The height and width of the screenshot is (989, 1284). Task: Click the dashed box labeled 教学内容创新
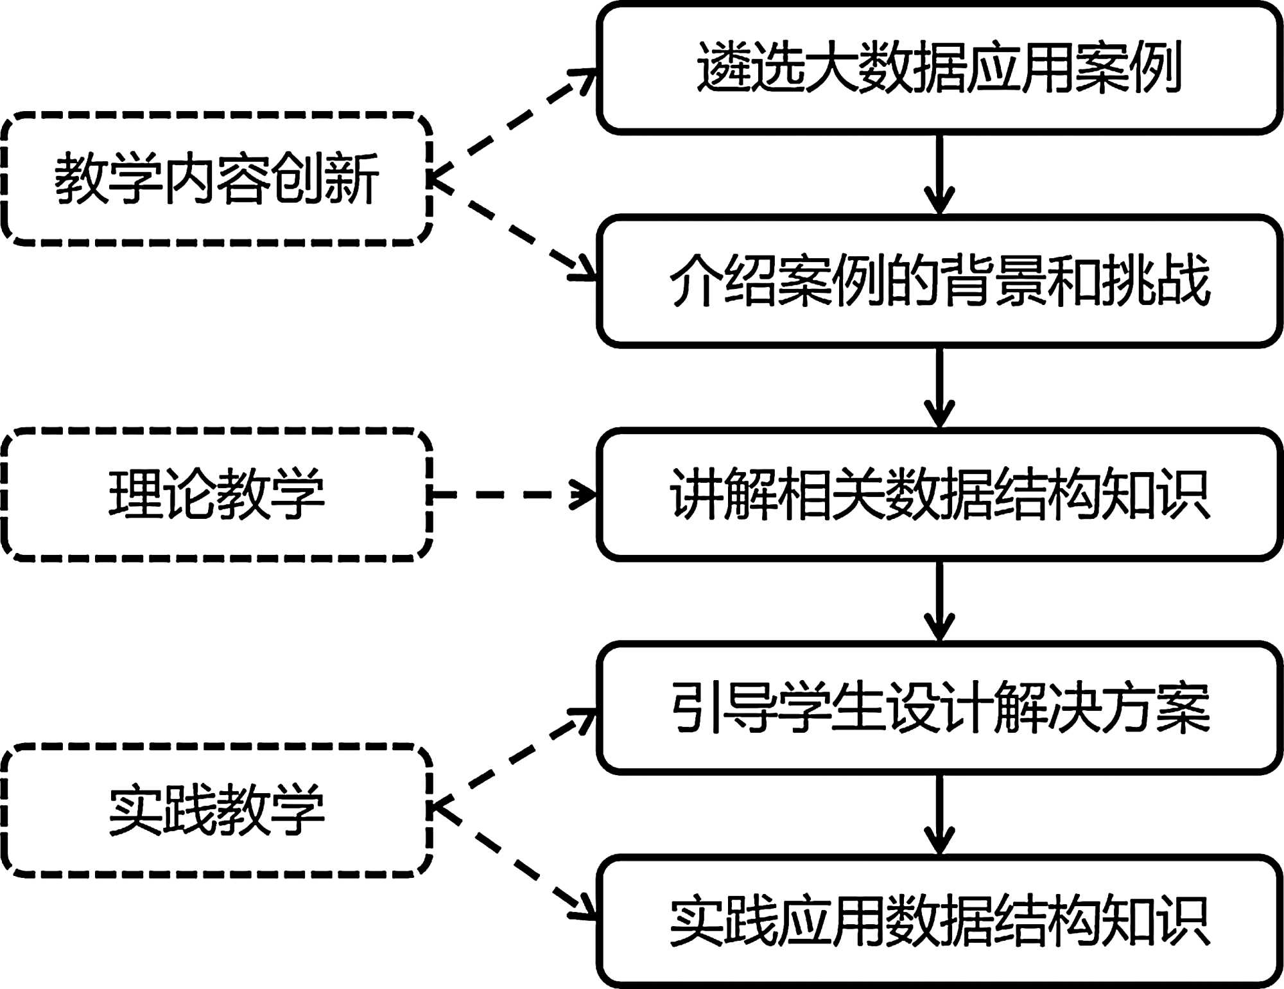click(217, 179)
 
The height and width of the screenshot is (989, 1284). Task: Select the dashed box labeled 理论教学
click(217, 494)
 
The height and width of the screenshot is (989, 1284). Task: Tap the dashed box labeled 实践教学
click(217, 810)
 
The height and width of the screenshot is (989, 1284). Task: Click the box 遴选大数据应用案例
click(939, 67)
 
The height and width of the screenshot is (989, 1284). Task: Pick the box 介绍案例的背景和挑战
click(939, 281)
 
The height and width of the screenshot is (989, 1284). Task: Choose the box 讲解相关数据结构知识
click(939, 494)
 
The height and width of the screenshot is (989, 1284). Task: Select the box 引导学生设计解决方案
click(939, 708)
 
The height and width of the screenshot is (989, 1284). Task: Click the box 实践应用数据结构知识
click(939, 921)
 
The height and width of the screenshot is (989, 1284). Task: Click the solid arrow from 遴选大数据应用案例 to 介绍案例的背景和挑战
click(939, 174)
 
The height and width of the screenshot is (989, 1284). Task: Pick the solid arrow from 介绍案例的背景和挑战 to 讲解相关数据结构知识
click(939, 387)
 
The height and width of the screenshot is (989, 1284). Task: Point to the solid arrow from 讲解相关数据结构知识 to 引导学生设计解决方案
click(939, 601)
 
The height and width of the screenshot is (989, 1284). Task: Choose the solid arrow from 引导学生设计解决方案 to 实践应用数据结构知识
click(939, 814)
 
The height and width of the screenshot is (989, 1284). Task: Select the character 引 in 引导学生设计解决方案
click(696, 708)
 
